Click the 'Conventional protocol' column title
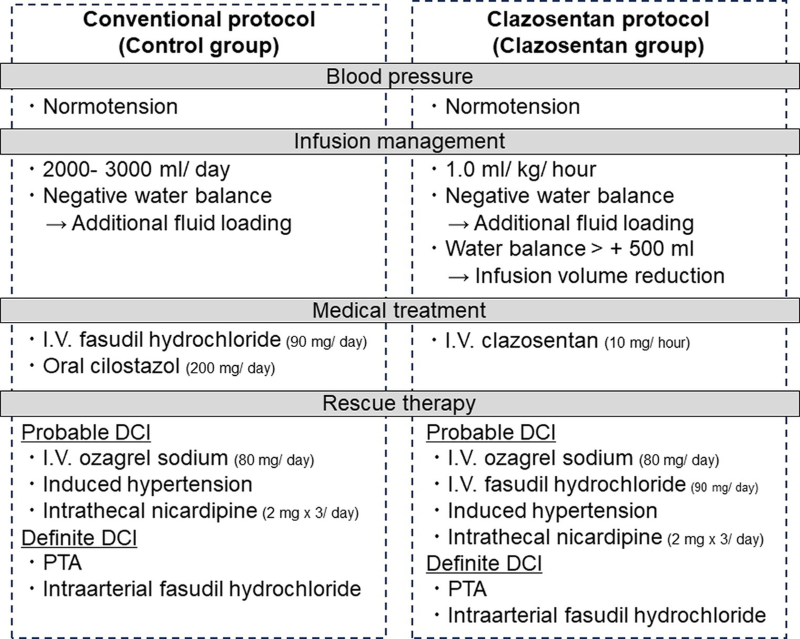[x=199, y=19]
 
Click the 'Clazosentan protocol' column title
[x=598, y=19]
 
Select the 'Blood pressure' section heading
[x=399, y=77]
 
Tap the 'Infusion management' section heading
[x=399, y=141]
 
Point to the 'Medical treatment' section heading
[x=399, y=311]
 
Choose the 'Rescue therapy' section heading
[x=399, y=403]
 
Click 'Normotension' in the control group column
[x=110, y=107]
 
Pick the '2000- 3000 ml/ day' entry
[x=136, y=169]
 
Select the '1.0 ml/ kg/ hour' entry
[x=521, y=169]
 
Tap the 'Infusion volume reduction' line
[x=599, y=275]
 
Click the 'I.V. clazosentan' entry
[x=522, y=342]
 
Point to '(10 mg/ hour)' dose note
[x=647, y=344]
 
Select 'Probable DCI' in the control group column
[x=86, y=432]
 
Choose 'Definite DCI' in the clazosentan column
[x=484, y=564]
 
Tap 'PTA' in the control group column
[x=63, y=563]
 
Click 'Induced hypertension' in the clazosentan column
[x=552, y=511]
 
